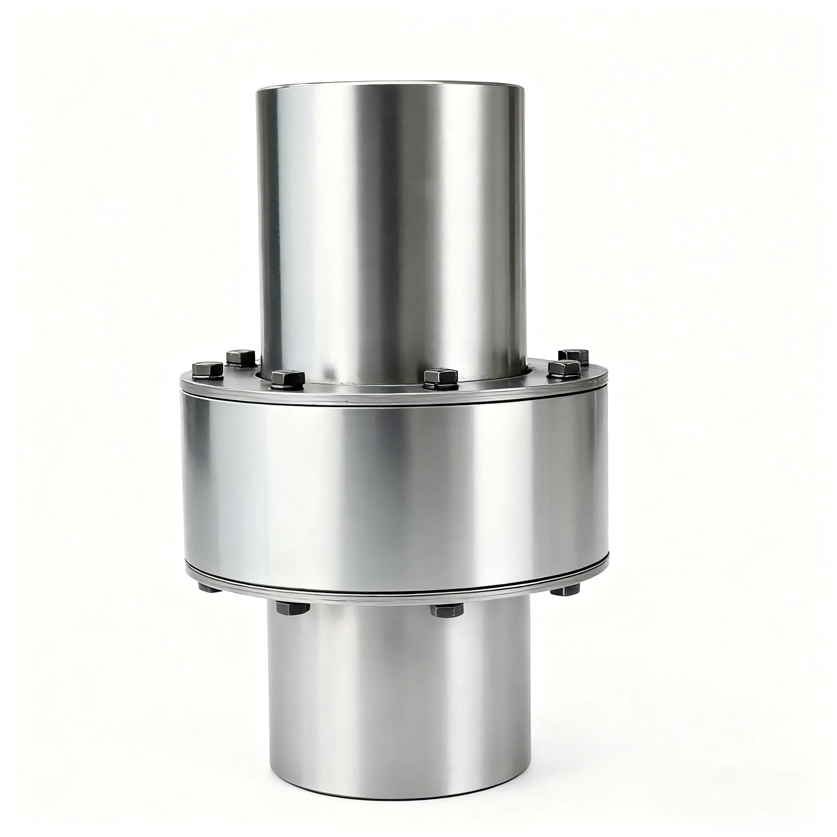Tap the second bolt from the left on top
[241, 357]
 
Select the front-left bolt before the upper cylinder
[288, 378]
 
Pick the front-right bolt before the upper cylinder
[441, 378]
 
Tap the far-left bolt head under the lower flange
[208, 588]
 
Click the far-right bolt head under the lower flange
[565, 589]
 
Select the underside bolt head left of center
[293, 607]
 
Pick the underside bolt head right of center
[446, 610]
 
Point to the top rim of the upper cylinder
[390, 87]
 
